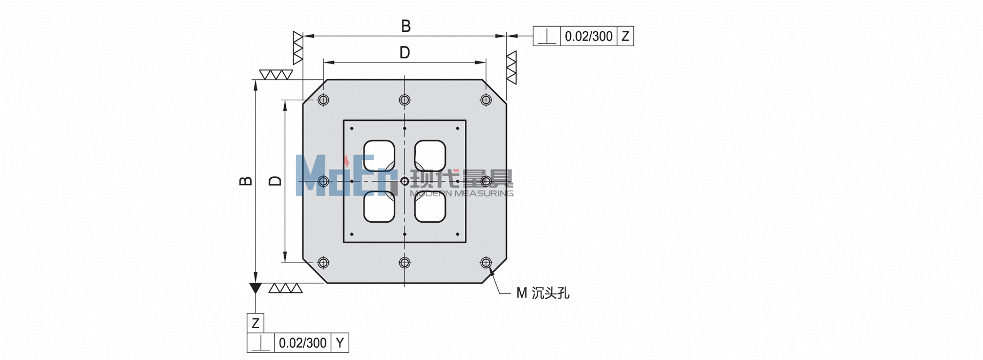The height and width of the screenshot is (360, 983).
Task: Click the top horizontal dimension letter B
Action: [405, 26]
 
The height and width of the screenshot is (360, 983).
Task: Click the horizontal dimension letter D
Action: [404, 52]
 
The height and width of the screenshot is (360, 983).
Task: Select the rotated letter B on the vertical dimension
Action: [246, 181]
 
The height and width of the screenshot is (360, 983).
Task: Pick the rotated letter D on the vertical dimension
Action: [275, 181]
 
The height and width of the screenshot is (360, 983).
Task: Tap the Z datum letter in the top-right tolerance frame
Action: [625, 36]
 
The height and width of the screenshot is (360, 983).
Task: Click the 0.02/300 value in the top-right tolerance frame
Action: [589, 36]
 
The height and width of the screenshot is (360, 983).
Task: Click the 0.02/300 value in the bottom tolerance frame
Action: [303, 343]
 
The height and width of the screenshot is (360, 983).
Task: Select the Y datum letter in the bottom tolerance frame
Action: [340, 343]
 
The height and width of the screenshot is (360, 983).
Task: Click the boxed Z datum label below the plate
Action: [255, 323]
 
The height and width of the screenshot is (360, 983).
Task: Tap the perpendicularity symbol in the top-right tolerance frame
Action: [547, 37]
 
